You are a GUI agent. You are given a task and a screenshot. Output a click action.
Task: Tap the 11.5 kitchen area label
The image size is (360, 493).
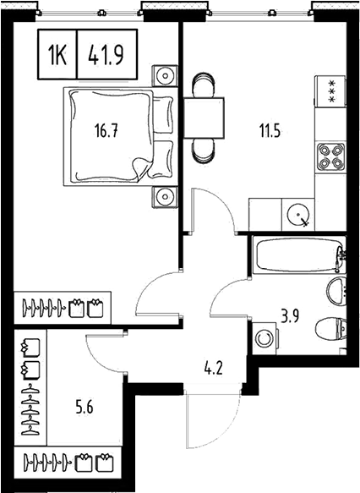(270, 130)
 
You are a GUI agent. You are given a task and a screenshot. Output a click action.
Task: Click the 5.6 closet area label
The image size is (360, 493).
(84, 406)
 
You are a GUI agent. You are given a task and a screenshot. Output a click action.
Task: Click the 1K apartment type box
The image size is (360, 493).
(57, 57)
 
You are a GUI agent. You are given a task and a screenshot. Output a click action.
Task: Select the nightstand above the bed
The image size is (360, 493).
(162, 75)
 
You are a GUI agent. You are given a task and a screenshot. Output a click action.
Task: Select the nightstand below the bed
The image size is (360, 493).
(162, 197)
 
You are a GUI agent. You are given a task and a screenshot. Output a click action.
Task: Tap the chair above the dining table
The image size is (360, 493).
(204, 85)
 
